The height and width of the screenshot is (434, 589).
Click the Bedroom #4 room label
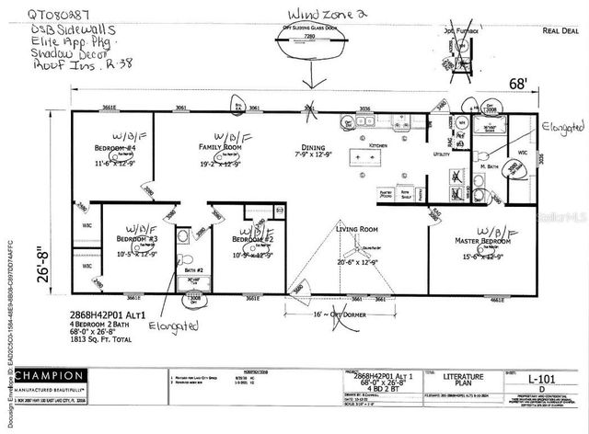[x=115, y=148]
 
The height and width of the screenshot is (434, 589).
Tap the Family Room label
[x=220, y=147]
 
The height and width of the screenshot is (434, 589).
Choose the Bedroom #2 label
[x=254, y=239]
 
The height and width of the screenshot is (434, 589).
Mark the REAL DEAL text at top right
[x=560, y=30]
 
